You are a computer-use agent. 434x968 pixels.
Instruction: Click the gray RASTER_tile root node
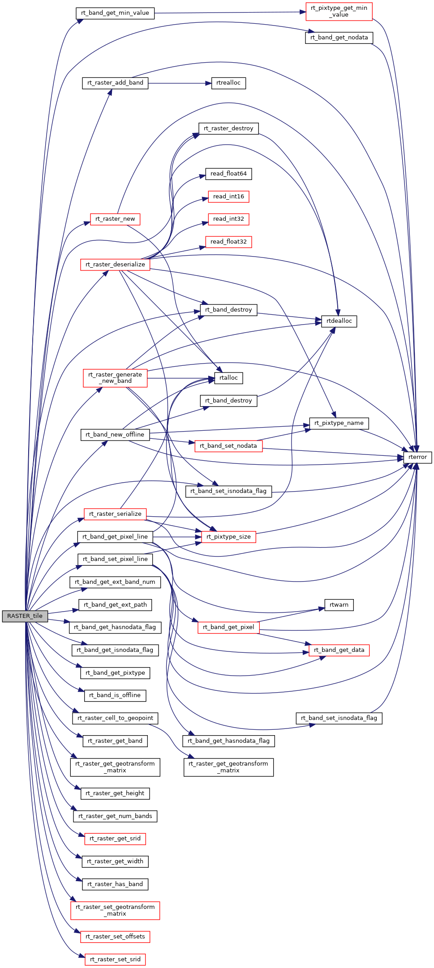click(x=25, y=616)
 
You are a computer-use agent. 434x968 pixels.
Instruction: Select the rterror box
click(x=417, y=457)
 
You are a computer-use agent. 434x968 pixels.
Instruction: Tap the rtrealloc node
click(x=228, y=83)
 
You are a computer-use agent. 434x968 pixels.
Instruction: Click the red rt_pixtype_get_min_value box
click(x=339, y=11)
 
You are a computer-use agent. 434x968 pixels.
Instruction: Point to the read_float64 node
click(x=228, y=174)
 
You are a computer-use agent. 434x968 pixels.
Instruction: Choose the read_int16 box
click(x=228, y=197)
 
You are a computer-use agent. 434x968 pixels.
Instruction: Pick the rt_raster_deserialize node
click(x=115, y=265)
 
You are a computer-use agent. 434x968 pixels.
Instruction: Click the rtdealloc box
click(x=339, y=321)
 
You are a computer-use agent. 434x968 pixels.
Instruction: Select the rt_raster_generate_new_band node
click(x=115, y=378)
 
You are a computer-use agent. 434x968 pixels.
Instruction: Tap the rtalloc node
click(x=228, y=378)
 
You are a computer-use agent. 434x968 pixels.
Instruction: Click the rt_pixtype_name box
click(x=339, y=423)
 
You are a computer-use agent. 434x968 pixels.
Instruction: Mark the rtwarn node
click(x=339, y=605)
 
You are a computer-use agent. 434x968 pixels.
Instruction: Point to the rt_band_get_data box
click(x=339, y=650)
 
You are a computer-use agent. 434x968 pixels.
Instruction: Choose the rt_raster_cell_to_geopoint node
click(x=115, y=718)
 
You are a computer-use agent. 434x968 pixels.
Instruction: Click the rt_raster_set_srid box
click(x=115, y=959)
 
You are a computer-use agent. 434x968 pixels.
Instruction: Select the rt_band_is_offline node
click(x=115, y=695)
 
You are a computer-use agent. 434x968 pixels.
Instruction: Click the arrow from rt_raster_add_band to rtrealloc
click(x=179, y=83)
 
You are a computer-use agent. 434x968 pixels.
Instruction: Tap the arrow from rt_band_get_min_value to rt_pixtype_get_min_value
click(x=228, y=13)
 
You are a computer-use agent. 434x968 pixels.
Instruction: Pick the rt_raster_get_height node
click(x=115, y=793)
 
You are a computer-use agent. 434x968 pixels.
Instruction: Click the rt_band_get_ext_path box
click(x=115, y=605)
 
